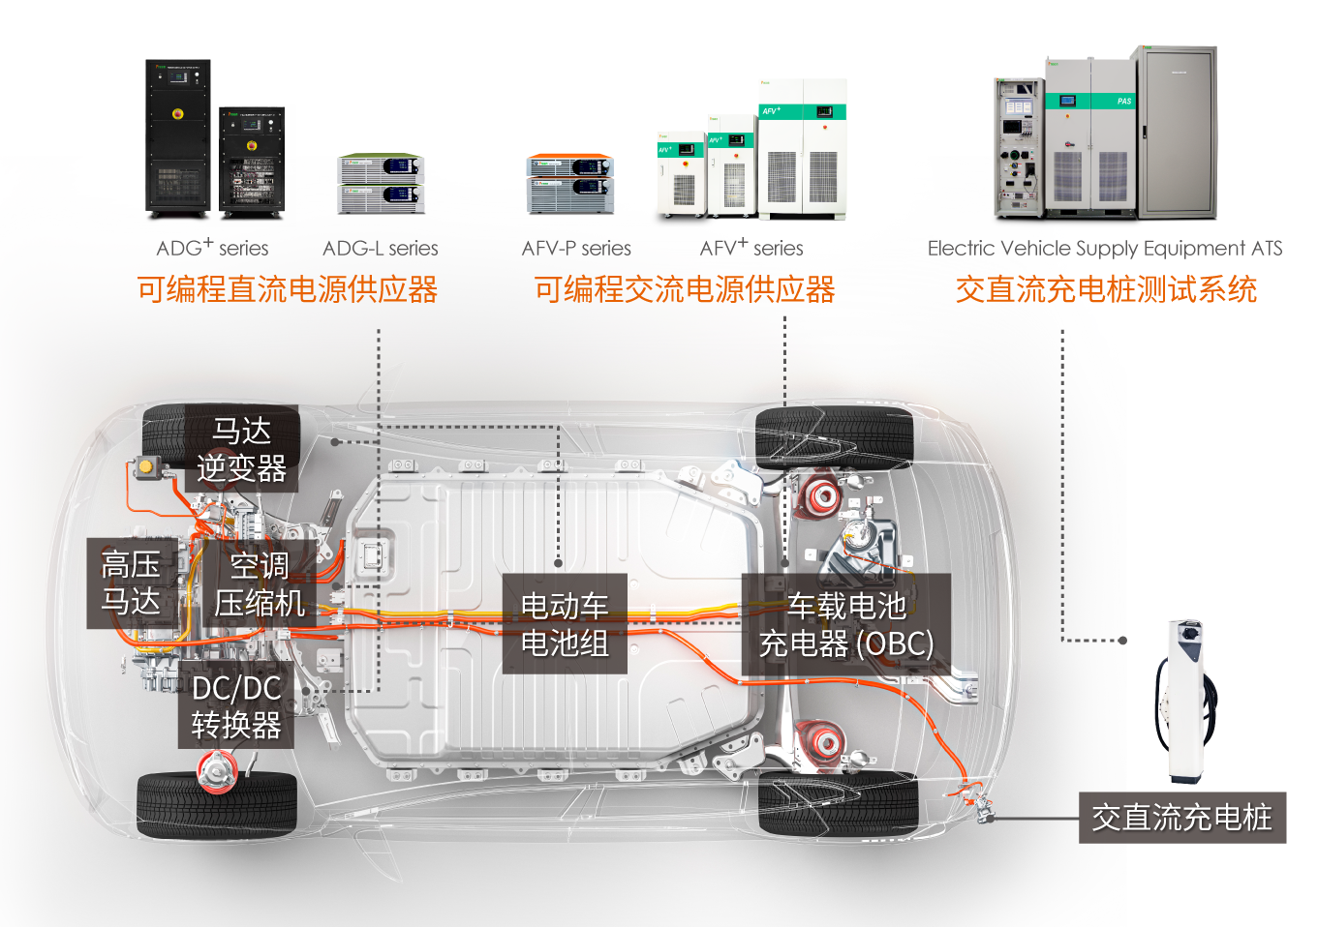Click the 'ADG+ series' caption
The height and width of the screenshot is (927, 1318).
coord(212,248)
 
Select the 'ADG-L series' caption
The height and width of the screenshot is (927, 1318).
coord(380,249)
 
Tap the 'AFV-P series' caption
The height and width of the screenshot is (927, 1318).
coord(576,249)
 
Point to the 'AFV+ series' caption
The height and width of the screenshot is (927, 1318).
coord(751,249)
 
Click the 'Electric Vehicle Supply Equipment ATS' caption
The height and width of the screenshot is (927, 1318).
coord(1104,249)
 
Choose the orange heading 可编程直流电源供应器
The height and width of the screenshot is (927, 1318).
coord(287,289)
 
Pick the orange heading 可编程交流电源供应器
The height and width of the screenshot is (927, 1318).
coord(685,289)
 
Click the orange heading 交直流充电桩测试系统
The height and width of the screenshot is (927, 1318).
coord(1106,289)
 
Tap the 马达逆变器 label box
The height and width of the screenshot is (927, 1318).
coord(242,449)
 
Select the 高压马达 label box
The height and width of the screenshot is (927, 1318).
coord(132,583)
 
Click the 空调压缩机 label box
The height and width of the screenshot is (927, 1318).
coord(260,584)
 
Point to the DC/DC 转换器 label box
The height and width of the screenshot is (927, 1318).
coord(236,706)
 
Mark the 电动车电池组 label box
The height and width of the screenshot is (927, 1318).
coord(565,624)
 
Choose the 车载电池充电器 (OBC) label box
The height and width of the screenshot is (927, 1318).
coord(846,625)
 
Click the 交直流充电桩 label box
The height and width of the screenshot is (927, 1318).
coord(1181,818)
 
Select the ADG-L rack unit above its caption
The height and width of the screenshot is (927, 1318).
coord(382,184)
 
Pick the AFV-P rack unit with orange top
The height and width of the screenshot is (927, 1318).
coord(570,183)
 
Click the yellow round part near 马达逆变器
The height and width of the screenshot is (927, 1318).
coord(147,467)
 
